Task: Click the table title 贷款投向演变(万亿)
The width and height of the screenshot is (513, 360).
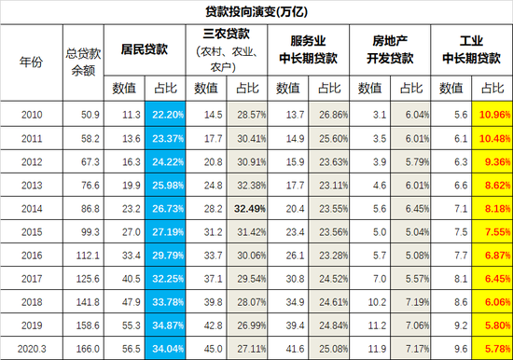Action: click(256, 10)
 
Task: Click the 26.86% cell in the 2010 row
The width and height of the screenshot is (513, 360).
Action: click(329, 114)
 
